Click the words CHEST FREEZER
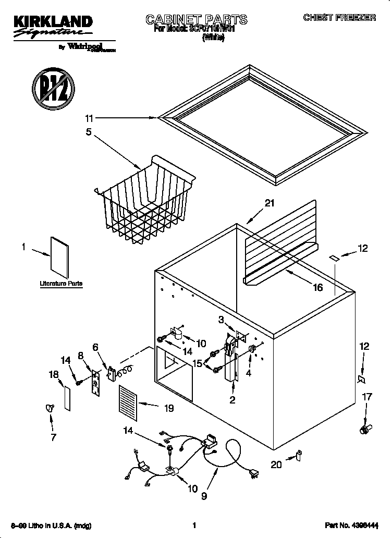pyautogui.click(x=339, y=18)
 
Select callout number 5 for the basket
pyautogui.click(x=89, y=132)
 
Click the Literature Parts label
pyautogui.click(x=61, y=284)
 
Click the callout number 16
pyautogui.click(x=317, y=287)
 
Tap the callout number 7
pyautogui.click(x=53, y=437)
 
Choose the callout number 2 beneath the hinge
pyautogui.click(x=232, y=400)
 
